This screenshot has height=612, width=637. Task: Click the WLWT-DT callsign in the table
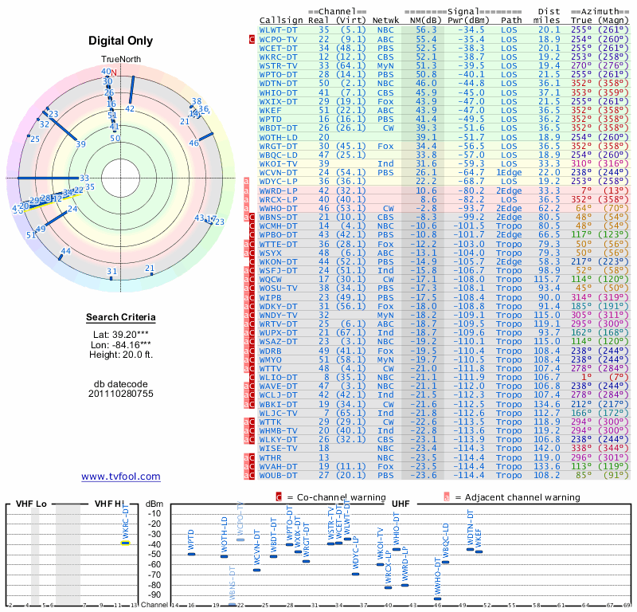pyautogui.click(x=278, y=29)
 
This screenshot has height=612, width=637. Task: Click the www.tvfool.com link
pyautogui.click(x=120, y=477)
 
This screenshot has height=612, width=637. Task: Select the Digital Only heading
pyautogui.click(x=120, y=41)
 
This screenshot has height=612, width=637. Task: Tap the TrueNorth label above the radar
pyautogui.click(x=120, y=60)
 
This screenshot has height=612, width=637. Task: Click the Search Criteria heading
pyautogui.click(x=120, y=318)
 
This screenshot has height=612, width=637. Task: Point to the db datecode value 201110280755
pyautogui.click(x=120, y=394)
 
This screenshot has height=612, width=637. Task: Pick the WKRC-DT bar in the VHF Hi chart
pyautogui.click(x=126, y=543)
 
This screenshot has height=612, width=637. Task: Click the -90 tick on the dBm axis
pyautogui.click(x=154, y=594)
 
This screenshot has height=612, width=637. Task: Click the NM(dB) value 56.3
pyautogui.click(x=425, y=29)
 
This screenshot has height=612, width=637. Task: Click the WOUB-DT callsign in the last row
pyautogui.click(x=278, y=476)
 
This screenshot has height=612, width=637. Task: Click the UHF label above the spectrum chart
pyautogui.click(x=401, y=504)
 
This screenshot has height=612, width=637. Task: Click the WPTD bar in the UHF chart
pyautogui.click(x=191, y=553)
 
